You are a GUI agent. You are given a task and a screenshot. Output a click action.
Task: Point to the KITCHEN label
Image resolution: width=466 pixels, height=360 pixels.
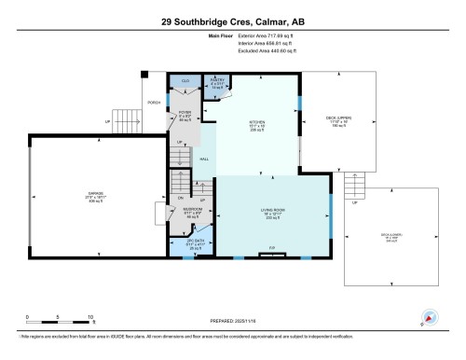256,122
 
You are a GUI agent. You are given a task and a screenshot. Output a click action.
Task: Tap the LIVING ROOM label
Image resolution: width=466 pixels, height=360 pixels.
273,211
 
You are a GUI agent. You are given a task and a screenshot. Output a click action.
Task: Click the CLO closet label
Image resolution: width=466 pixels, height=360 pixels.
185,82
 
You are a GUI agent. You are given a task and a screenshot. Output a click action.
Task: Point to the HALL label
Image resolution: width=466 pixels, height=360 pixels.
204,159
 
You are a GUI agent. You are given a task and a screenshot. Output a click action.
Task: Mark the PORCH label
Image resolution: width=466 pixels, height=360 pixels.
153,103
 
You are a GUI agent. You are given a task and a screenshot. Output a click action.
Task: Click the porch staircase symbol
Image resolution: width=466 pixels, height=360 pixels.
125,120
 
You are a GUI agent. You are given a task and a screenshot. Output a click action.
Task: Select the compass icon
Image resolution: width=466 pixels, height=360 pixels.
430,317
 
